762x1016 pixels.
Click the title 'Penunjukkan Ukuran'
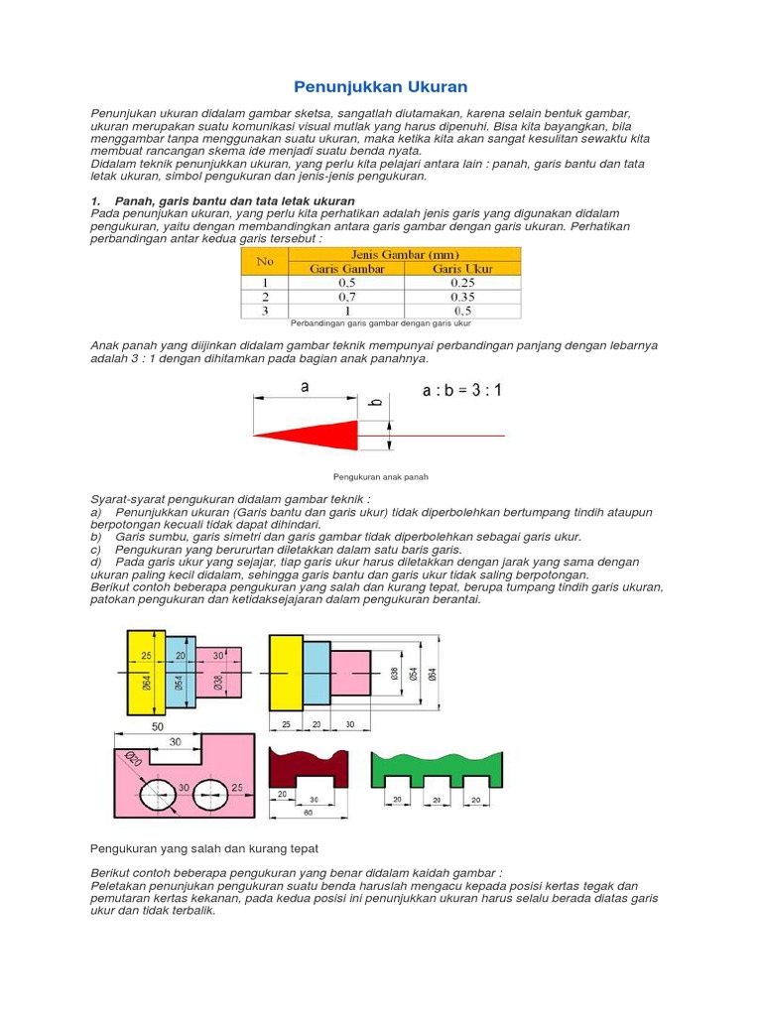[381, 87]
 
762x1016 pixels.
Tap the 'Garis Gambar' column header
[346, 268]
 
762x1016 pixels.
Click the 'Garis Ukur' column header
[462, 268]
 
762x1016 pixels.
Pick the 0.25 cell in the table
[462, 282]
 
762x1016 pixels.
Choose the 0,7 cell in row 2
[346, 296]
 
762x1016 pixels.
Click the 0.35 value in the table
[462, 296]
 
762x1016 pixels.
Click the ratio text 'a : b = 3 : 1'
[462, 391]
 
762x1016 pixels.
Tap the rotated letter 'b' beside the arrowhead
[375, 402]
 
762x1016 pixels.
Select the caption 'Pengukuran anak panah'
[381, 477]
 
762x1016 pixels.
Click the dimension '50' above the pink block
[158, 727]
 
